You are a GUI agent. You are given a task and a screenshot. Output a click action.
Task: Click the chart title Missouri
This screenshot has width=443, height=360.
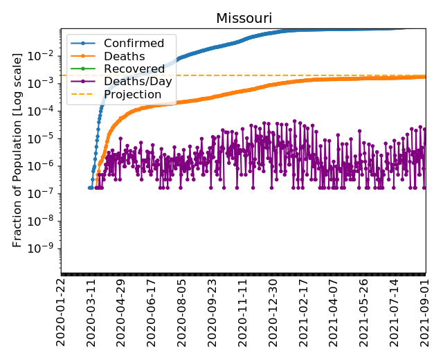244,18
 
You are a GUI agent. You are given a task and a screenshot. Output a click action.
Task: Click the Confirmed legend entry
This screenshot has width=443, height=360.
134,43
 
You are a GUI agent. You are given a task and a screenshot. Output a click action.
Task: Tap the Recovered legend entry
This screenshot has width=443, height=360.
134,69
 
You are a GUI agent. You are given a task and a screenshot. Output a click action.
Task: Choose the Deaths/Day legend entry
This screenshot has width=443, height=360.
138,81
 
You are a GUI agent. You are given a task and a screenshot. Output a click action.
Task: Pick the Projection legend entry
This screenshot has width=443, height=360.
132,94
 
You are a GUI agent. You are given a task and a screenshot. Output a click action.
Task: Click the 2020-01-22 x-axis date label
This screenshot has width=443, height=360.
61,312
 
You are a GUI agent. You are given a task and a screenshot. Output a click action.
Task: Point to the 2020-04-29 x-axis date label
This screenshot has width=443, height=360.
121,312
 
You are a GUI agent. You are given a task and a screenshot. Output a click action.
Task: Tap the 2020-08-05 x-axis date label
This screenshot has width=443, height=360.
182,312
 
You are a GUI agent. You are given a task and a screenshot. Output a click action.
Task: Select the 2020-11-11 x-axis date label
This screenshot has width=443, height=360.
243,312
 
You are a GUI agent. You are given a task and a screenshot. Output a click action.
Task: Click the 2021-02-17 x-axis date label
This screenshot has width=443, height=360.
304,312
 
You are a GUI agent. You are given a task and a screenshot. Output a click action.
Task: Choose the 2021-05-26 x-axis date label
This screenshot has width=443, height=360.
365,312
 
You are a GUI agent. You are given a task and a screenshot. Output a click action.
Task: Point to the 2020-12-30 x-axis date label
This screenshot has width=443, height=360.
273,312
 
